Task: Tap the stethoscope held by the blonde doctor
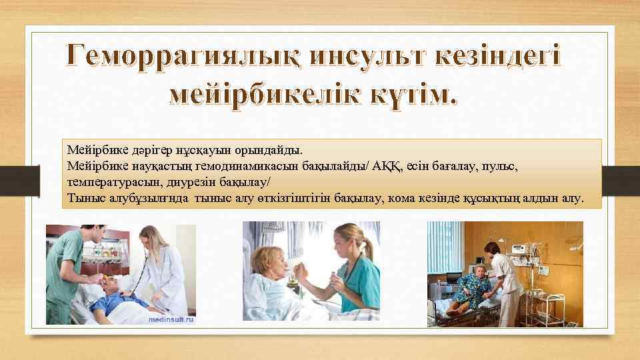(137, 280)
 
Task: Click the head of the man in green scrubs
(90, 235)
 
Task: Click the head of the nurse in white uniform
(493, 250)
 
